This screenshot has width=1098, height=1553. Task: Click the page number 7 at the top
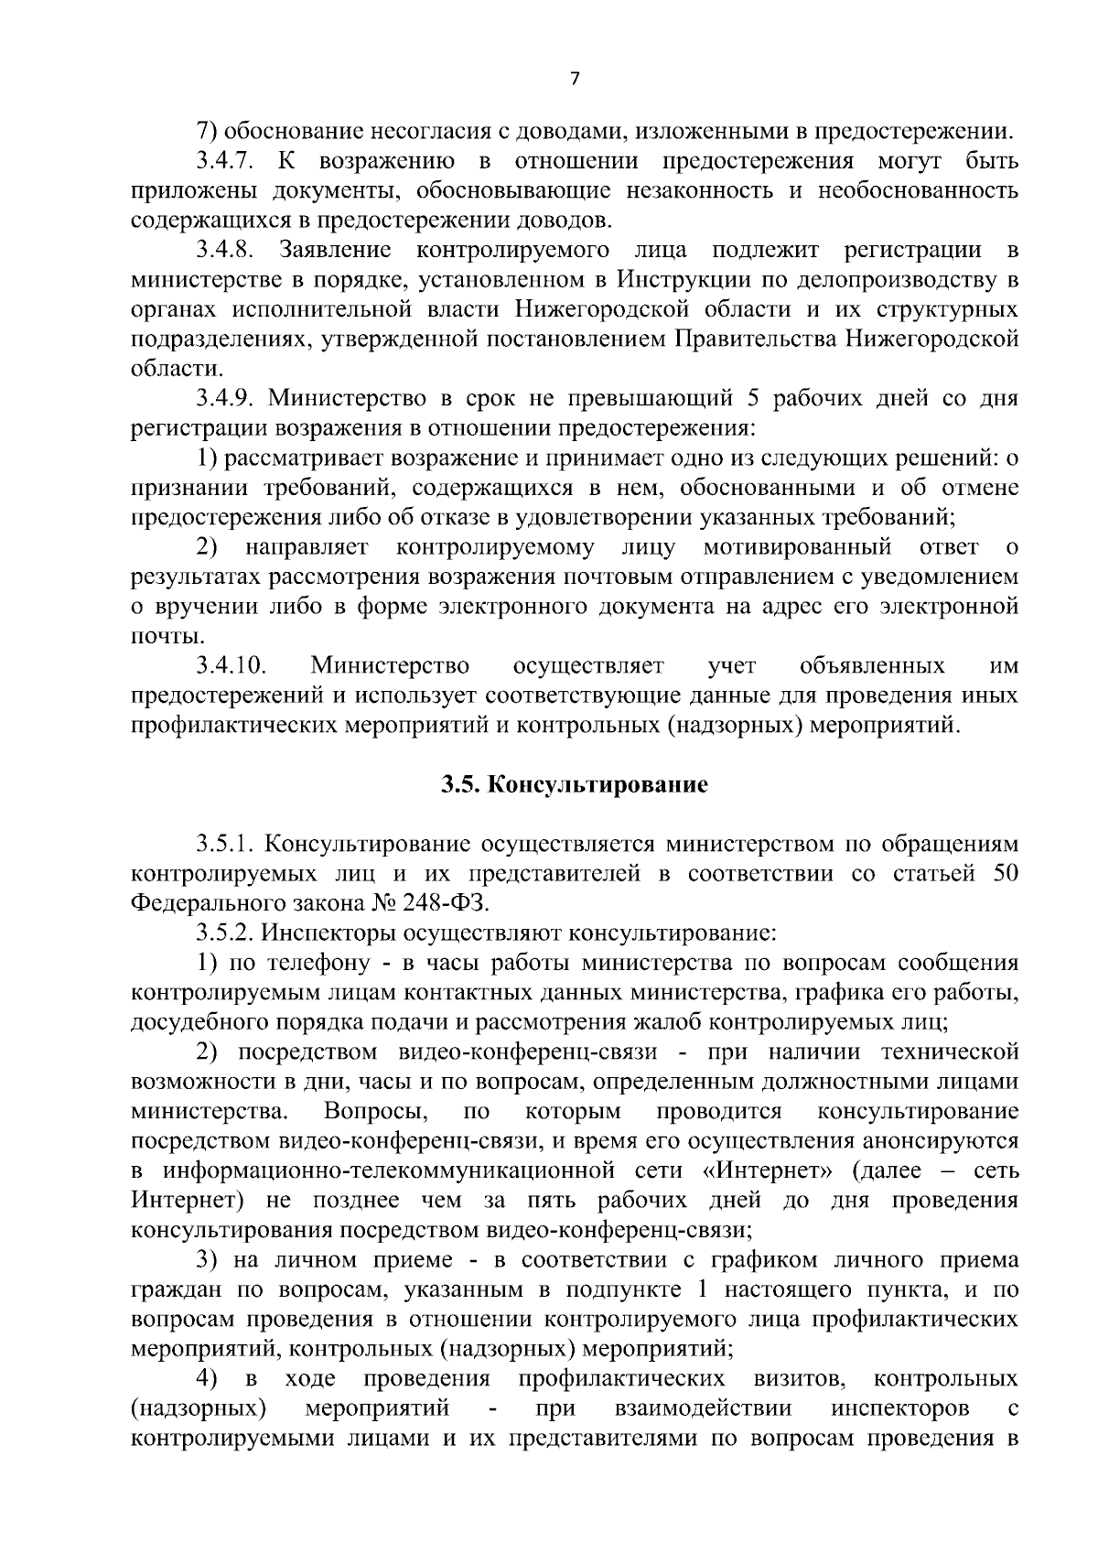(574, 80)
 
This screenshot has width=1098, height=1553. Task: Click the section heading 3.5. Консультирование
(574, 785)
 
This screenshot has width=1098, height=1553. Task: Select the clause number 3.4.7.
(225, 162)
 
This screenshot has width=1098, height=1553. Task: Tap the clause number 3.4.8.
(225, 250)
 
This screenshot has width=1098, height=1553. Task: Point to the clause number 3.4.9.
(225, 399)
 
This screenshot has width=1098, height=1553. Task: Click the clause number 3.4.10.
(230, 664)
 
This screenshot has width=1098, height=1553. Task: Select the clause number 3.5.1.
(225, 843)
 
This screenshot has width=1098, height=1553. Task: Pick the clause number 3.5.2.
(225, 933)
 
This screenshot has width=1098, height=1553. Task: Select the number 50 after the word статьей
(1005, 873)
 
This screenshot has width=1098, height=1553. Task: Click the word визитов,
(797, 1378)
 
